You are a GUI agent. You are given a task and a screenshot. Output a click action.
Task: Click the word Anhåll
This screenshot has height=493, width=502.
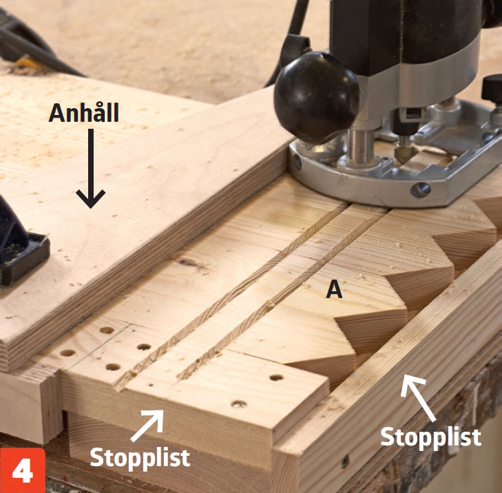pyautogui.click(x=84, y=112)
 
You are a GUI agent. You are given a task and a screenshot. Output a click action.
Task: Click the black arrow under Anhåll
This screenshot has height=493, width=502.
pyautogui.click(x=91, y=169)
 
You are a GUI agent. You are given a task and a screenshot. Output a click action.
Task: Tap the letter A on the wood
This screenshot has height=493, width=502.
pyautogui.click(x=334, y=290)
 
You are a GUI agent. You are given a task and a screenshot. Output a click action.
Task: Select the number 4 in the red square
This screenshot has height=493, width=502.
pyautogui.click(x=23, y=471)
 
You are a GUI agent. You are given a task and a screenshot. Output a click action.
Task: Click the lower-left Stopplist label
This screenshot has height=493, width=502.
pyautogui.click(x=140, y=458)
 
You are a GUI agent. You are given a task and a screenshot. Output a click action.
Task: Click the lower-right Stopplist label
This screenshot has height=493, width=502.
pyautogui.click(x=431, y=437)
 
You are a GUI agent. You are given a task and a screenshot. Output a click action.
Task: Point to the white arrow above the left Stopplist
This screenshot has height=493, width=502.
pyautogui.click(x=148, y=425)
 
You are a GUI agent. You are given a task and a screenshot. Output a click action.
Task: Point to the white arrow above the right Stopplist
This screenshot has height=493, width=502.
pyautogui.click(x=417, y=397)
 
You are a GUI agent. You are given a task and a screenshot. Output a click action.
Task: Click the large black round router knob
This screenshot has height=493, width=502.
pyautogui.click(x=316, y=98)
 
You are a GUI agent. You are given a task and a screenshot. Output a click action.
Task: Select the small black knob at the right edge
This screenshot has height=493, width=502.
pyautogui.click(x=492, y=88)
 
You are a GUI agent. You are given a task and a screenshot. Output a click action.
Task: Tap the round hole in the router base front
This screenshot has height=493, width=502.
pyautogui.click(x=420, y=190)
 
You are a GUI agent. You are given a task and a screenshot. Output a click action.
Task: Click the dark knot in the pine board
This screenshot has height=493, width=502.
pyautogui.click(x=191, y=263)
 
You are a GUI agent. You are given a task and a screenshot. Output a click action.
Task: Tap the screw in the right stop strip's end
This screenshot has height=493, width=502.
pyautogui.click(x=344, y=462)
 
